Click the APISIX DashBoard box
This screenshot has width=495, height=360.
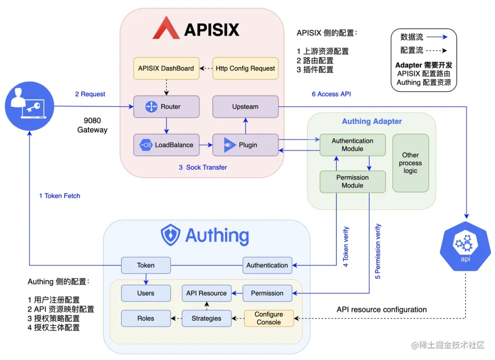click(166, 68)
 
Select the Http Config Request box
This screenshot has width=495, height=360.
click(245, 68)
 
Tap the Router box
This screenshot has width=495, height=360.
click(166, 107)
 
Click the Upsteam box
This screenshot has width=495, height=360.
click(245, 107)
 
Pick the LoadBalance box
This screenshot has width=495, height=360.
click(166, 145)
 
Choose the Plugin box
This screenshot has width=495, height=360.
click(245, 145)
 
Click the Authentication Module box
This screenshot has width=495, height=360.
click(352, 145)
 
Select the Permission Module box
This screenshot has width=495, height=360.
click(352, 182)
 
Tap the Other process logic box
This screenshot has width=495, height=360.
click(410, 163)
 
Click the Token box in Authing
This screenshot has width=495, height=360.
click(146, 265)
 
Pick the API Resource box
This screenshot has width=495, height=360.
click(206, 293)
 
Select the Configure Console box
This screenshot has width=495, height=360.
click(269, 318)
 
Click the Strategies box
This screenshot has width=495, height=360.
click(206, 318)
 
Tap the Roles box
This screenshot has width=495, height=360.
click(146, 318)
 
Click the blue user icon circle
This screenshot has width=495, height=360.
click(29, 106)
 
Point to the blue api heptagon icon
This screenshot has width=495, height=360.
click(466, 246)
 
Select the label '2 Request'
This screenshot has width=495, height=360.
click(90, 94)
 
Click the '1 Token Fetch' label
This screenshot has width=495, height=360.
click(60, 196)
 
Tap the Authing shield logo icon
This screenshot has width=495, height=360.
click(170, 235)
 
